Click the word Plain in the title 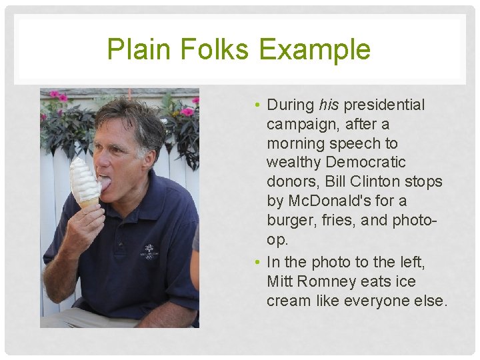click(x=135, y=49)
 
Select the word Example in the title click(x=315, y=49)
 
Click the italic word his click(x=329, y=105)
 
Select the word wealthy click(x=294, y=162)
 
